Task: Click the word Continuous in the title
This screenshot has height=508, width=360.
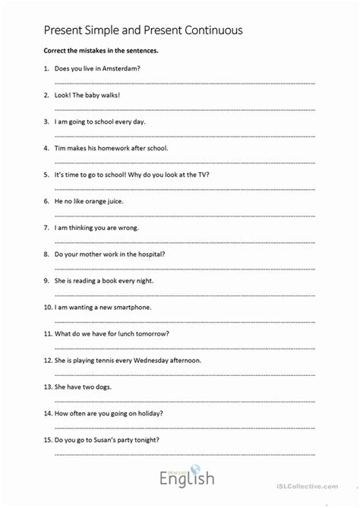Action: pos(219,31)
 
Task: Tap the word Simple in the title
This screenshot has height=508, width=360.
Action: pos(106,31)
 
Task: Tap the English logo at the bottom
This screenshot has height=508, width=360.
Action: pos(186,478)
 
